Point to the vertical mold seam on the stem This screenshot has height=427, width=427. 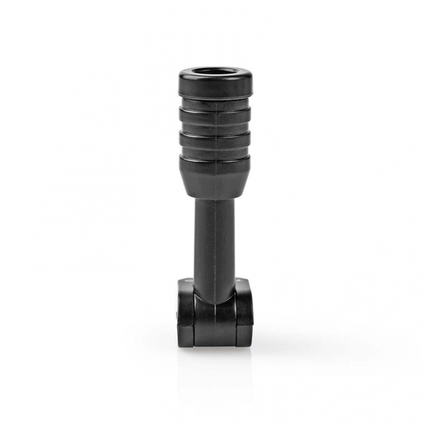[x=217, y=239]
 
